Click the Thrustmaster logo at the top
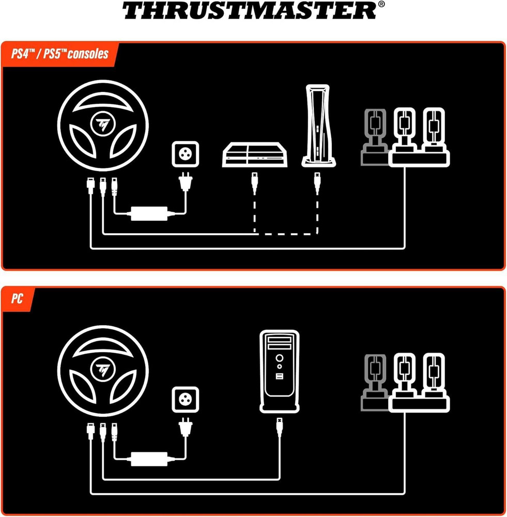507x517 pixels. click(253, 10)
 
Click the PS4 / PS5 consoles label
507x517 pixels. click(59, 54)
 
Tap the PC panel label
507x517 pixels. click(17, 299)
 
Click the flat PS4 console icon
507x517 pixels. click(254, 155)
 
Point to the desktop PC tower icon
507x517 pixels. click(279, 371)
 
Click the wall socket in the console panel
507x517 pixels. click(185, 154)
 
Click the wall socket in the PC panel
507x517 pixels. click(185, 400)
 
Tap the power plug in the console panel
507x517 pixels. click(185, 182)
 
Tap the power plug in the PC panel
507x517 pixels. click(185, 428)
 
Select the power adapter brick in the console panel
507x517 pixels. click(149, 214)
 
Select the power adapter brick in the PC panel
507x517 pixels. click(149, 459)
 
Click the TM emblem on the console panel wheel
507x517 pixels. click(103, 124)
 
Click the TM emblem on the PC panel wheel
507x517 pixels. click(103, 369)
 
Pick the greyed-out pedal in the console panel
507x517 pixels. click(375, 137)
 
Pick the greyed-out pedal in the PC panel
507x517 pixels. click(375, 383)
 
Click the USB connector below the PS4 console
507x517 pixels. click(254, 183)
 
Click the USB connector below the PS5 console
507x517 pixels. click(317, 183)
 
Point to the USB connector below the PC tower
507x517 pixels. click(280, 428)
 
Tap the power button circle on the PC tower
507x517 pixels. click(280, 358)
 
